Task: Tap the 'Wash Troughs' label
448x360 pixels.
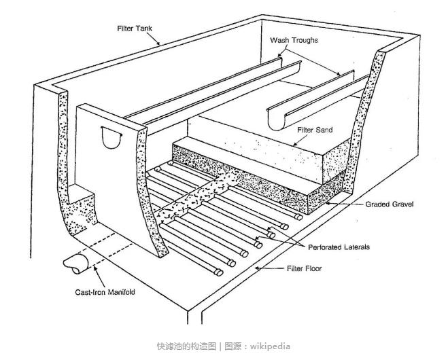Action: point(294,40)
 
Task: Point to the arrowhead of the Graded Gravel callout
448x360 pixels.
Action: point(326,202)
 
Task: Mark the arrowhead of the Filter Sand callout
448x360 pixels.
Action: point(294,144)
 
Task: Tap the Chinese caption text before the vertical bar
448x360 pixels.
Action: point(188,346)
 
